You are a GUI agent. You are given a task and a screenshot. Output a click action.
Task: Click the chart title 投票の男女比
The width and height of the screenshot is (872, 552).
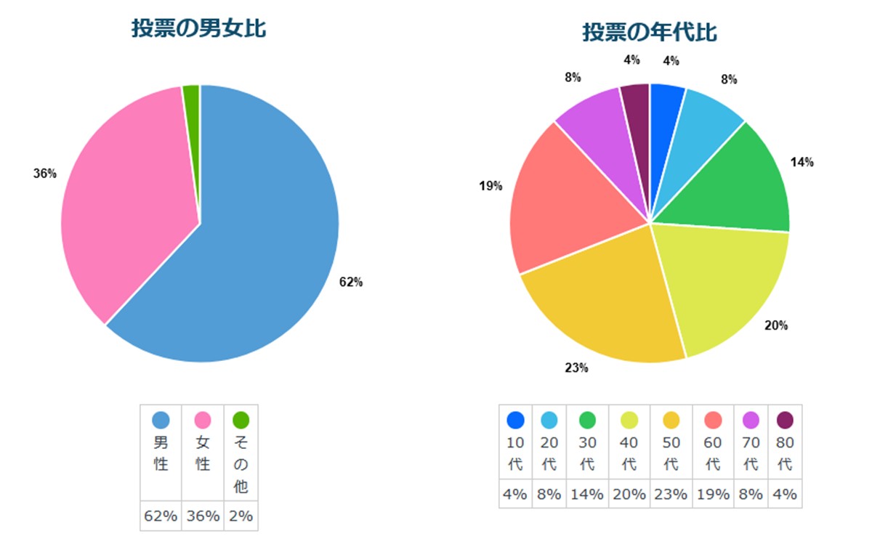point(198,29)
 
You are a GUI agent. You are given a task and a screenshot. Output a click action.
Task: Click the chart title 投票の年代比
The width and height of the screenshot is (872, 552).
point(650,33)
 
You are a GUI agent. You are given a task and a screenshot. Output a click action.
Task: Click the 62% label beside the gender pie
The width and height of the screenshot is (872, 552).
point(351,283)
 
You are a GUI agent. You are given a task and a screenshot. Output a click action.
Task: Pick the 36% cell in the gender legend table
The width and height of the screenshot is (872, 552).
point(202,516)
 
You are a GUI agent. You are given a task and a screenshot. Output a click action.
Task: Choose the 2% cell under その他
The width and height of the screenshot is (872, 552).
point(241,516)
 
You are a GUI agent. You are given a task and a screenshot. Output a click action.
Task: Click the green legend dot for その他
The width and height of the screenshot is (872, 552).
point(241,420)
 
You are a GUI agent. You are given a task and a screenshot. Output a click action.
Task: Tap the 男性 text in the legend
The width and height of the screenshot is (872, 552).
point(161,453)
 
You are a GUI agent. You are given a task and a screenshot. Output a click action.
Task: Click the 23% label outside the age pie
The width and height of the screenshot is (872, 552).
point(576,368)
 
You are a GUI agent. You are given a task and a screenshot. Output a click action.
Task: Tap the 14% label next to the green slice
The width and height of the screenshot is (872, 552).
point(802,163)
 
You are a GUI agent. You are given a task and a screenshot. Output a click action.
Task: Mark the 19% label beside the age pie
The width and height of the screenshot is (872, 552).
point(490,187)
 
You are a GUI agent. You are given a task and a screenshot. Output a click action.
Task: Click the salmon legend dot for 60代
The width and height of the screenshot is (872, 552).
point(713,420)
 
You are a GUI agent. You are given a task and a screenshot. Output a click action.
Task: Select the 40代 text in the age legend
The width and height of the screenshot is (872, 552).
point(629,453)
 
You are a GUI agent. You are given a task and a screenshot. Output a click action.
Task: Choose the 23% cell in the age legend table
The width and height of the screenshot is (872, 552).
point(671,495)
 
